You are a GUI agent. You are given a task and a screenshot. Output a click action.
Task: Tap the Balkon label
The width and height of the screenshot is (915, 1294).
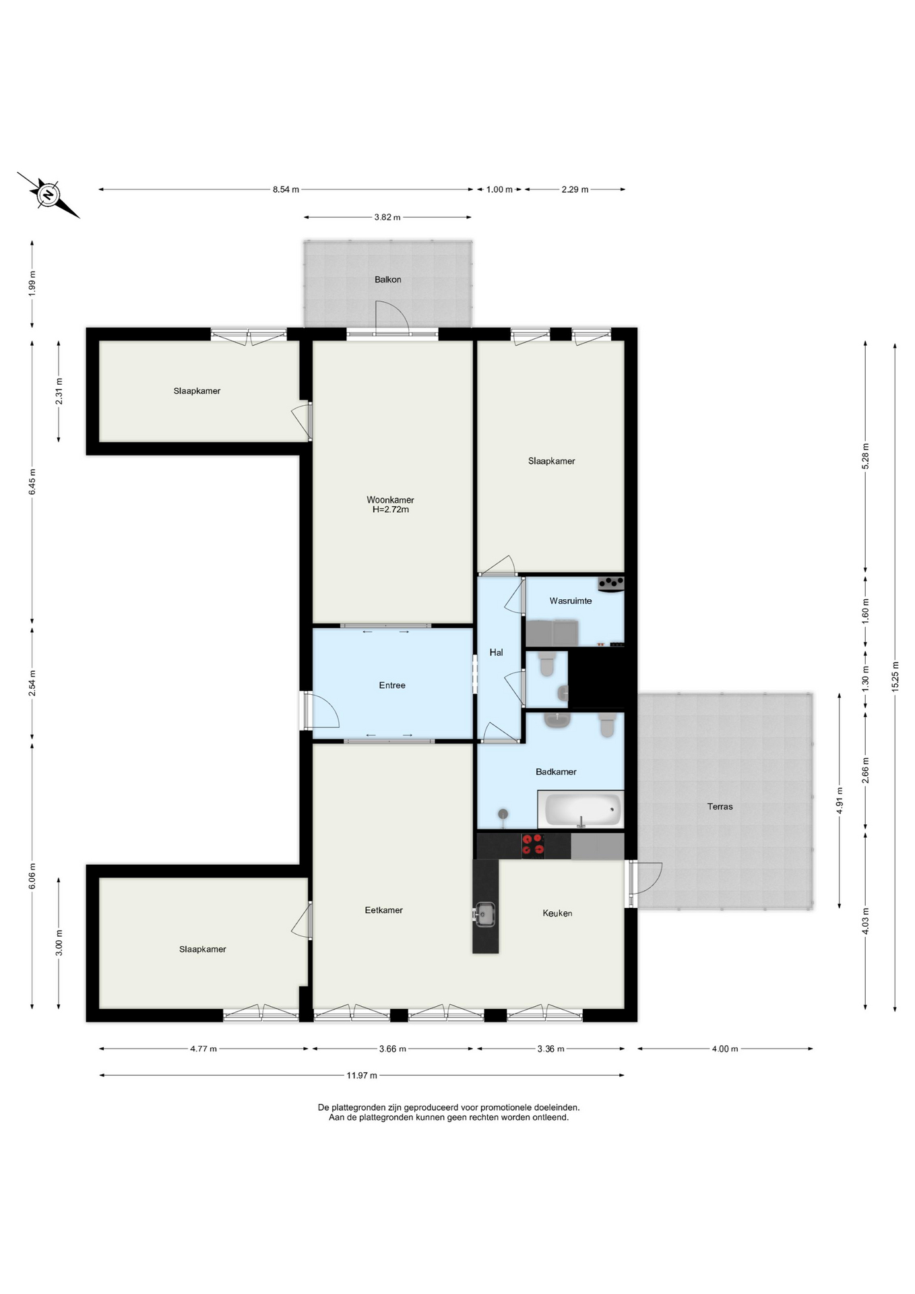click(388, 280)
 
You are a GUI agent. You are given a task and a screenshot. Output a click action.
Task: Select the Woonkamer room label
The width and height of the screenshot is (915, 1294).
click(390, 500)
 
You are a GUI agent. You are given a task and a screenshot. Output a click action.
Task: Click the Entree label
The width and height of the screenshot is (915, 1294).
click(392, 685)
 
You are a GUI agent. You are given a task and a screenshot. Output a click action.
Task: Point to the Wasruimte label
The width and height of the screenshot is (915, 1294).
click(571, 601)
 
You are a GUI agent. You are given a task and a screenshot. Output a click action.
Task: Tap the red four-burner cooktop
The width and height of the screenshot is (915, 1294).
click(534, 846)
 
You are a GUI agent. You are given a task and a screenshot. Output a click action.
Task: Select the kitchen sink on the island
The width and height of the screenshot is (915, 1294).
click(484, 915)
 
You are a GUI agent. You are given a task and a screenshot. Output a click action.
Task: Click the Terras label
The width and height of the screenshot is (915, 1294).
click(720, 807)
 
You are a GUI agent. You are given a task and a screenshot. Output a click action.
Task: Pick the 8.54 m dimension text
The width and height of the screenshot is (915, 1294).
click(286, 190)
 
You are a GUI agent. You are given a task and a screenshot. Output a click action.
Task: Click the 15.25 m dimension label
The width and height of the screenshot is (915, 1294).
click(895, 676)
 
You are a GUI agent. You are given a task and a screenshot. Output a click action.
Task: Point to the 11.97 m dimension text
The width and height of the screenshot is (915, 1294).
click(362, 1076)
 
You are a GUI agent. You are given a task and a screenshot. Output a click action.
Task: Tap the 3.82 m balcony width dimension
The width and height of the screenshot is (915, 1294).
click(387, 218)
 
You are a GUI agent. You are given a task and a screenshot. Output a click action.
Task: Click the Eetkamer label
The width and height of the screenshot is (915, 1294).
click(384, 911)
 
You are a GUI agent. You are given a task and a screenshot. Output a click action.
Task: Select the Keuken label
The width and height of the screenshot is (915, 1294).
click(557, 914)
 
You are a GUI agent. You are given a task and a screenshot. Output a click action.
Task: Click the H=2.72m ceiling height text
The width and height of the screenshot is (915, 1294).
click(391, 510)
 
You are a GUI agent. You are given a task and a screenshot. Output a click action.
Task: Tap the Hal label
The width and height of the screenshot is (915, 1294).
click(497, 652)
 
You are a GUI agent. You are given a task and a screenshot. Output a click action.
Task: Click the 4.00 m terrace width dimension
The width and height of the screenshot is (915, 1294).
click(725, 1049)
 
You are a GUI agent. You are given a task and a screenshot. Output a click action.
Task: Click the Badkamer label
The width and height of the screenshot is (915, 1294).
click(556, 772)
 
